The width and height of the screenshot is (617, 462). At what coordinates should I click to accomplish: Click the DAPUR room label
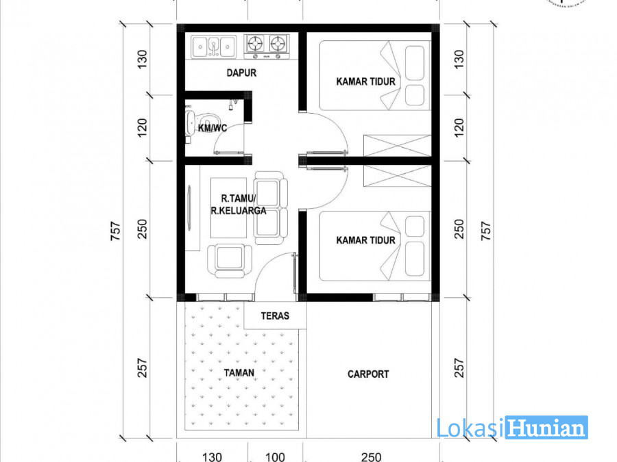pos(241,73)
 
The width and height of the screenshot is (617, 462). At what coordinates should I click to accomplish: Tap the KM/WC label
pos(213,128)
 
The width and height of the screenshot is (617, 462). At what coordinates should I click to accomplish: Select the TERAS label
pos(275,316)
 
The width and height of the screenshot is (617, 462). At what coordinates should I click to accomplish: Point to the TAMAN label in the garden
pos(239,373)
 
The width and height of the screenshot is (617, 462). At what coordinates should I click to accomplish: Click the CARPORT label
pos(368,374)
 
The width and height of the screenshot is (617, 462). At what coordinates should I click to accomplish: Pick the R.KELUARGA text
pos(239,211)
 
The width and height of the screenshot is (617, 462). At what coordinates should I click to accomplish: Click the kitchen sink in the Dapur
pos(214,47)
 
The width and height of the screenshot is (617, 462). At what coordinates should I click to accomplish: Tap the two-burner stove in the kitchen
pos(267,47)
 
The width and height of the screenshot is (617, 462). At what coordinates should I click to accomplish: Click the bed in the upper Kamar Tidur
pos(375,75)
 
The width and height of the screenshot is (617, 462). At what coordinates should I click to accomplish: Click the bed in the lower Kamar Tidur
pos(375,246)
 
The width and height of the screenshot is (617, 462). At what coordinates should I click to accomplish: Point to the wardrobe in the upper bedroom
pos(398,146)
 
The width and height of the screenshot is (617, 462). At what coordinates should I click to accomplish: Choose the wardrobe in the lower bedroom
pos(398,176)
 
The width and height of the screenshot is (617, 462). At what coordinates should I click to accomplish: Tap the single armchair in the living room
pos(230,260)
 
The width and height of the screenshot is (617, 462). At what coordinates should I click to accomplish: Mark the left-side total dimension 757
pos(115,231)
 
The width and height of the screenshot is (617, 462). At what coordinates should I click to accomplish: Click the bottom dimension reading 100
pos(275,457)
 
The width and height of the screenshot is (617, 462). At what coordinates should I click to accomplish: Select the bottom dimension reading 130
pos(212,457)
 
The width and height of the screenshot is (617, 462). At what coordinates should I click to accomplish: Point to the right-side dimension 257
pos(459,368)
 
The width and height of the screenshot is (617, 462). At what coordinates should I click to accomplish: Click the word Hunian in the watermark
pos(546,428)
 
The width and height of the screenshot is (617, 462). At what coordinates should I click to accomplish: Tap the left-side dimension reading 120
pos(142,128)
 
